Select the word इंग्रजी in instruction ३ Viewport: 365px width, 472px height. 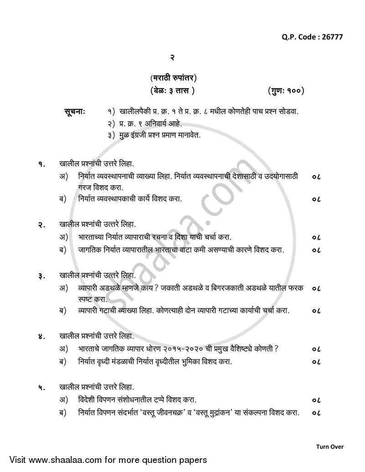pyautogui.click(x=146, y=135)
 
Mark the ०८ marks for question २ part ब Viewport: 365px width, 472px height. pyautogui.click(x=317, y=250)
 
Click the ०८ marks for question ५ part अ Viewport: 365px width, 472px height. pyautogui.click(x=317, y=400)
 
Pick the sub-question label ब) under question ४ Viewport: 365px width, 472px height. pyautogui.click(x=63, y=362)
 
